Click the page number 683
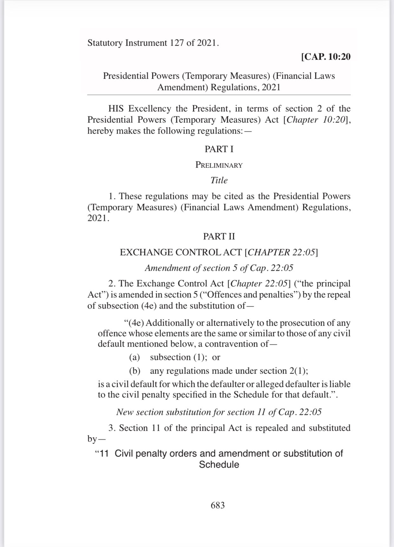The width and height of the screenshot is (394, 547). pyautogui.click(x=218, y=505)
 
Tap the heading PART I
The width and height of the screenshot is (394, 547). pyautogui.click(x=219, y=149)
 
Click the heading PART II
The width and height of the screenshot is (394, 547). pyautogui.click(x=219, y=237)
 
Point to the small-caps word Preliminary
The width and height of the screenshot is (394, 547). pyautogui.click(x=219, y=165)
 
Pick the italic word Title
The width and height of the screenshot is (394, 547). pyautogui.click(x=219, y=180)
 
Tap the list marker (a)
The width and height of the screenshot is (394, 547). pyautogui.click(x=135, y=357)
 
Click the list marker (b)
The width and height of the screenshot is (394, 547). pyautogui.click(x=135, y=371)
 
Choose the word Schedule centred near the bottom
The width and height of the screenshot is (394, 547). pyautogui.click(x=219, y=465)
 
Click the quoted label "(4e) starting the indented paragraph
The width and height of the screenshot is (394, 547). pyautogui.click(x=134, y=323)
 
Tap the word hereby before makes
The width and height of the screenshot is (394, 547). pyautogui.click(x=100, y=131)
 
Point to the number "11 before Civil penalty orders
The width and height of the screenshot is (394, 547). pyautogui.click(x=102, y=453)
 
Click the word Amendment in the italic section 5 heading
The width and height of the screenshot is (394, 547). pyautogui.click(x=162, y=268)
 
